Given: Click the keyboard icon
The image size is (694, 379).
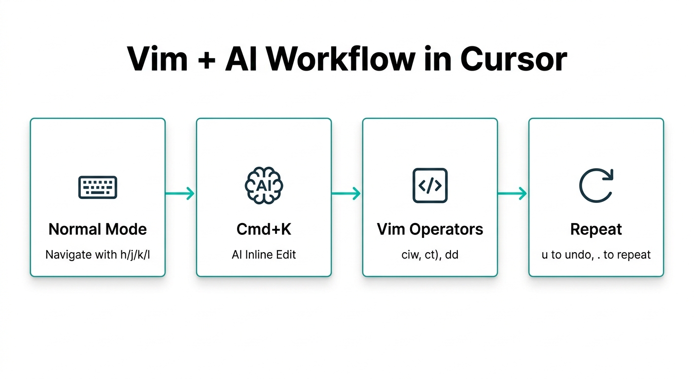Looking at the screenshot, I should pyautogui.click(x=98, y=188).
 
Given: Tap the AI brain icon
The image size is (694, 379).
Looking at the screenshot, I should pyautogui.click(x=264, y=186).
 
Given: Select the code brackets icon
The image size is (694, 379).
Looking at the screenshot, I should pyautogui.click(x=430, y=186).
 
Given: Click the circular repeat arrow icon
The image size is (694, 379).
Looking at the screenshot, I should pyautogui.click(x=596, y=186).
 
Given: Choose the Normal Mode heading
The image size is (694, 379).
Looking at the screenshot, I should pyautogui.click(x=98, y=229).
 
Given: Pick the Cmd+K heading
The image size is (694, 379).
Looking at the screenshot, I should pyautogui.click(x=264, y=229).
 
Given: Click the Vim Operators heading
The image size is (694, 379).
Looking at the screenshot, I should pyautogui.click(x=430, y=229).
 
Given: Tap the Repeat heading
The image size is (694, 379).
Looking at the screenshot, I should pyautogui.click(x=596, y=229).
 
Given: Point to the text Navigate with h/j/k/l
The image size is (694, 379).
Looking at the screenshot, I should pyautogui.click(x=98, y=255).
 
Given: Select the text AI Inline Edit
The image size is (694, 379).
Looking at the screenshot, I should pyautogui.click(x=264, y=255).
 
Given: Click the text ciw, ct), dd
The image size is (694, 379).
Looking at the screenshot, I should pyautogui.click(x=430, y=255).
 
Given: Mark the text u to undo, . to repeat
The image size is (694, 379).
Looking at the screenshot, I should pyautogui.click(x=596, y=255).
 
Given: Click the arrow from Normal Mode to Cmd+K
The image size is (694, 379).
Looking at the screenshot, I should pyautogui.click(x=180, y=193).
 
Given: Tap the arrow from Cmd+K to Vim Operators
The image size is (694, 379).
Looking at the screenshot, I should pyautogui.click(x=347, y=193).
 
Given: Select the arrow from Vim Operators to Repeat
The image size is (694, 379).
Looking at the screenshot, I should pyautogui.click(x=513, y=193).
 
